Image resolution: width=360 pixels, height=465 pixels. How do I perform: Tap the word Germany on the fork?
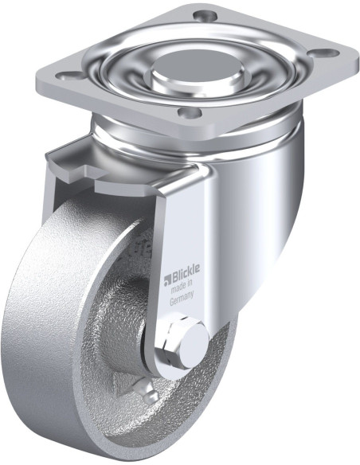[x=182, y=298]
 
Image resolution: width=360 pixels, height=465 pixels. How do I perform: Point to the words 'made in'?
[x=182, y=287]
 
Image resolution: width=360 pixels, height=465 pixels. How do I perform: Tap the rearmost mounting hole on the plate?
[x=204, y=14]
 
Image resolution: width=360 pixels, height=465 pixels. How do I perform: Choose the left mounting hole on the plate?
[x=69, y=76]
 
